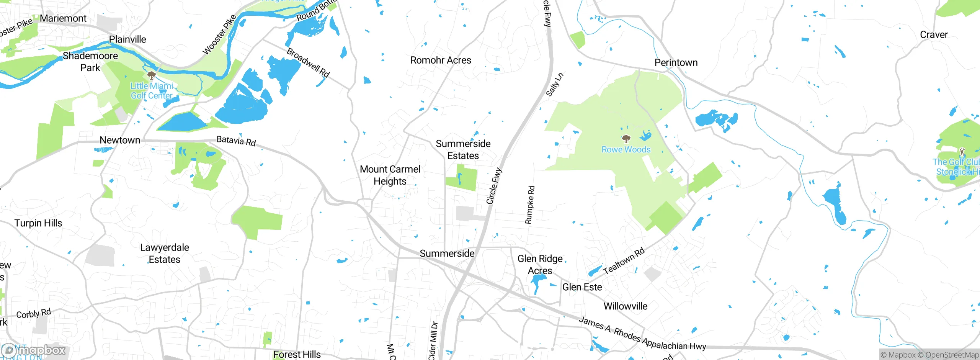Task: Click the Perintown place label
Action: pos(676,62)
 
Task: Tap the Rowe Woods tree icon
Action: pos(626,139)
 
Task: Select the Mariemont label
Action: pos(63,18)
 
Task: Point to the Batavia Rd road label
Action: pos(236,141)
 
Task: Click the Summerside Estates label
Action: pos(463,150)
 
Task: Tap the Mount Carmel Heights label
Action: pos(390,175)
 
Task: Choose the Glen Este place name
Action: pos(582,287)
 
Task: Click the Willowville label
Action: pos(626,306)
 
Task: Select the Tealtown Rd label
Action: pos(624,261)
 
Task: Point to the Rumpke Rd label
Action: pos(530,205)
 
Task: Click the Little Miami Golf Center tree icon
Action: pos(152,75)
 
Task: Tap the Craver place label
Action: pos(934,35)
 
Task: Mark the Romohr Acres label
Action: pos(441,60)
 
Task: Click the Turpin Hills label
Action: pos(38,223)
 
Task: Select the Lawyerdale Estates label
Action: pos(165,254)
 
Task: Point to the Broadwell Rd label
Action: pos(308,62)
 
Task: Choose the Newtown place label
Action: pos(120,140)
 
